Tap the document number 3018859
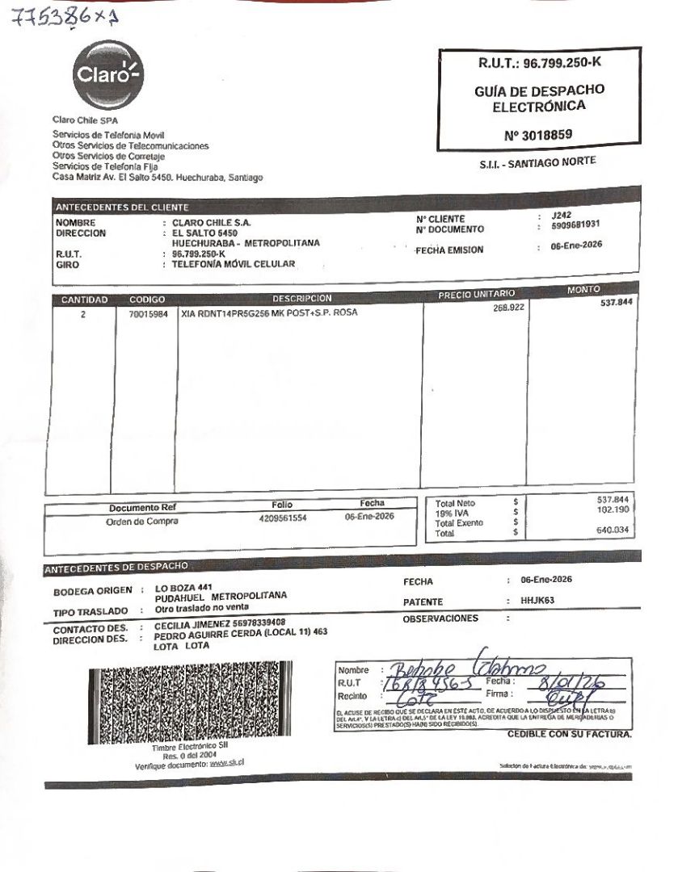pos(538,136)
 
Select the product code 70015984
pos(149,313)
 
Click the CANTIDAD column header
pos(84,300)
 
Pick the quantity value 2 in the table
pos(82,314)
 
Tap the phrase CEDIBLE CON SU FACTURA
pos(569,734)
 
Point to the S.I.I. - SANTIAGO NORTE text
pos(537,162)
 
